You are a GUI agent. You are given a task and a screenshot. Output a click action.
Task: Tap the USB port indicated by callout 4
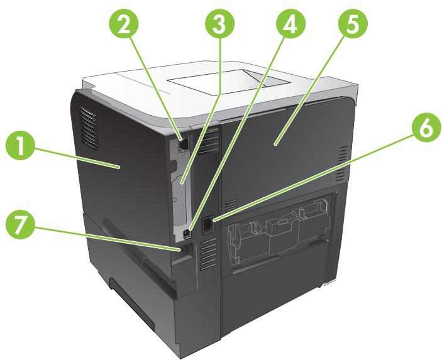pos(187,233)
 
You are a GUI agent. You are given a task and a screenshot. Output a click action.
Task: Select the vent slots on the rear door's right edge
pos(340,163)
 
